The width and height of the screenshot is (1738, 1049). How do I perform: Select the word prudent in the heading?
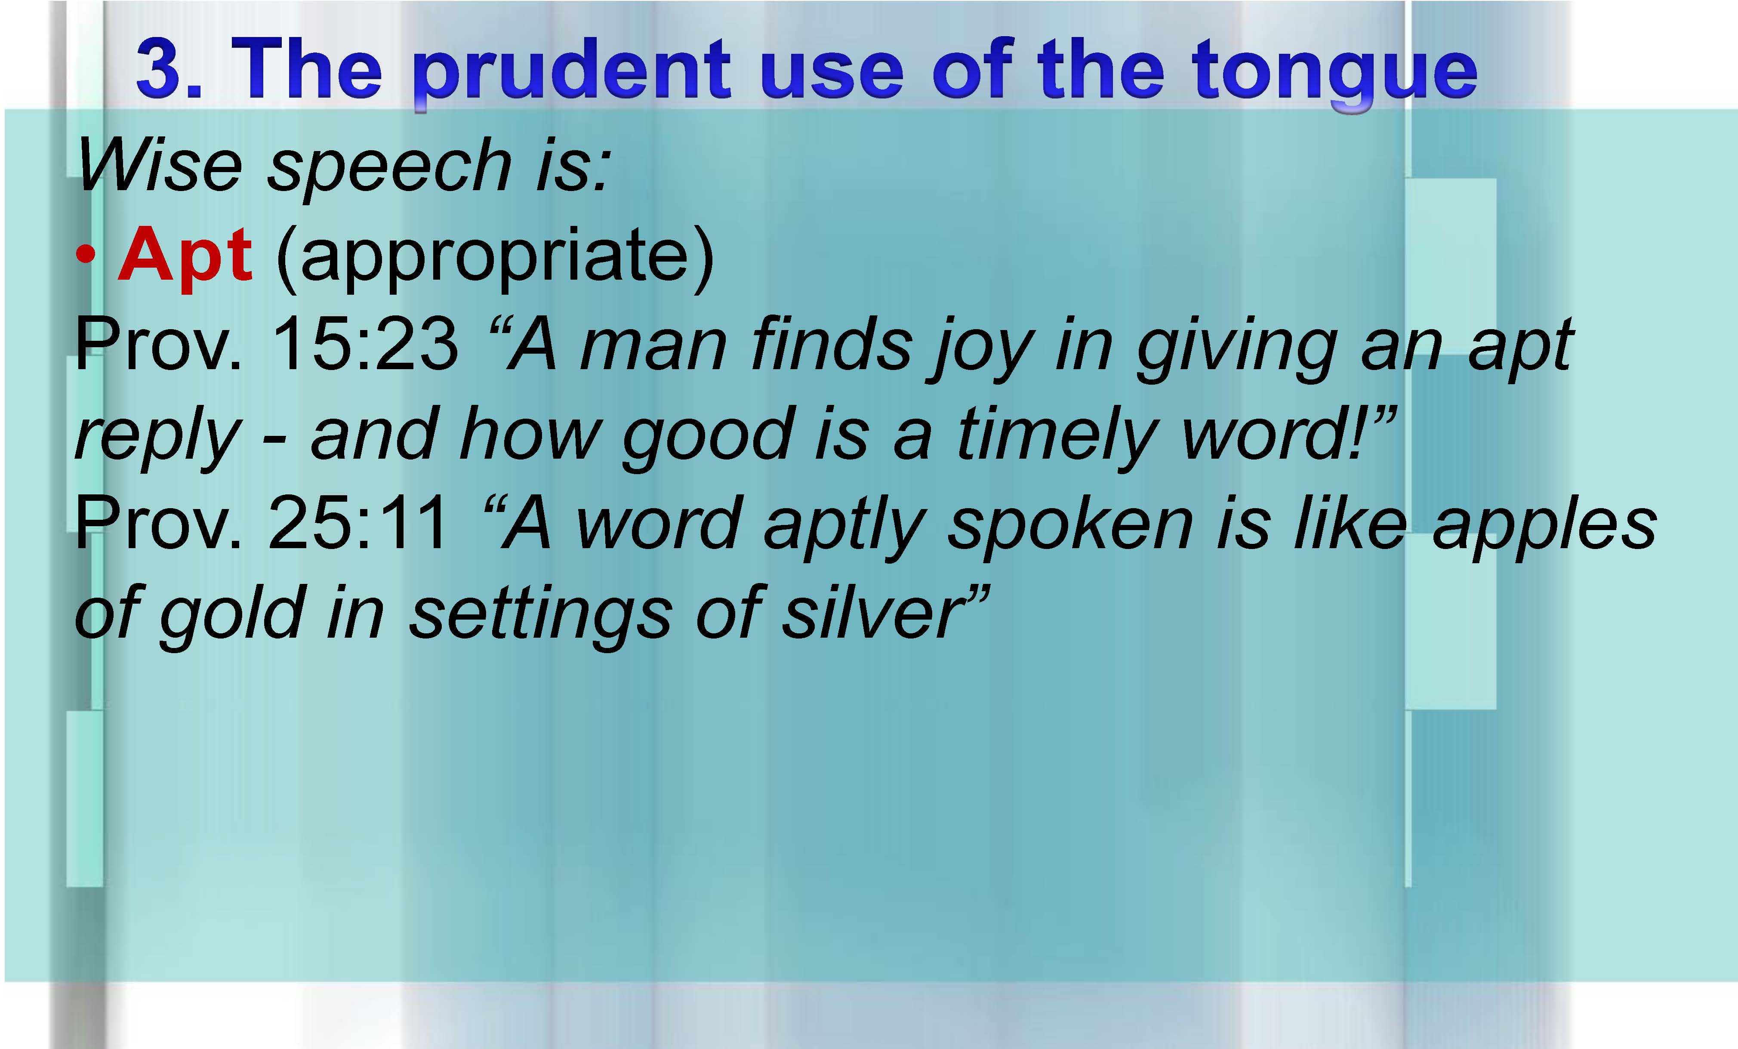[571, 74]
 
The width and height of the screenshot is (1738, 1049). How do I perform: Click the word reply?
[158, 438]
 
